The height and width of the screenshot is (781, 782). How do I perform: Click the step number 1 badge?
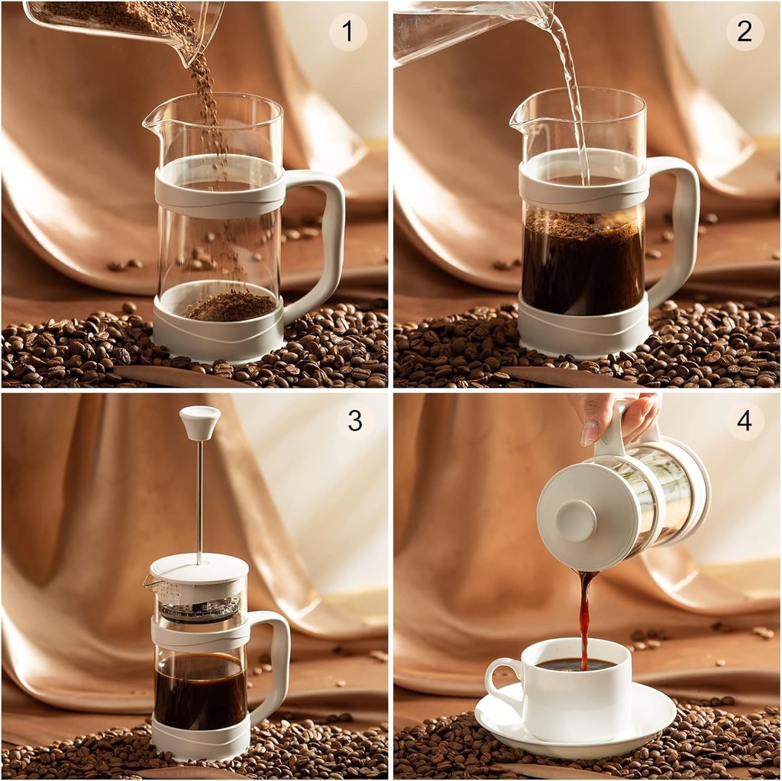click(348, 32)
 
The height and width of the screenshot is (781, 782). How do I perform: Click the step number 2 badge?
click(745, 32)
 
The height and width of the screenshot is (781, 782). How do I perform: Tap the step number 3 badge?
click(354, 421)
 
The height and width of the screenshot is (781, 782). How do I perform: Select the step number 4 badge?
click(745, 421)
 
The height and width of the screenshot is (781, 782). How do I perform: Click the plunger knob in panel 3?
click(200, 421)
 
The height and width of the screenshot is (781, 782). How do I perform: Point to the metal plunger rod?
click(200, 496)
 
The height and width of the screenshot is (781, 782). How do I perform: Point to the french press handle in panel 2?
click(684, 229)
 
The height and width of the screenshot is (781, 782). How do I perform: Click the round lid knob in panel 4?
click(576, 521)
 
